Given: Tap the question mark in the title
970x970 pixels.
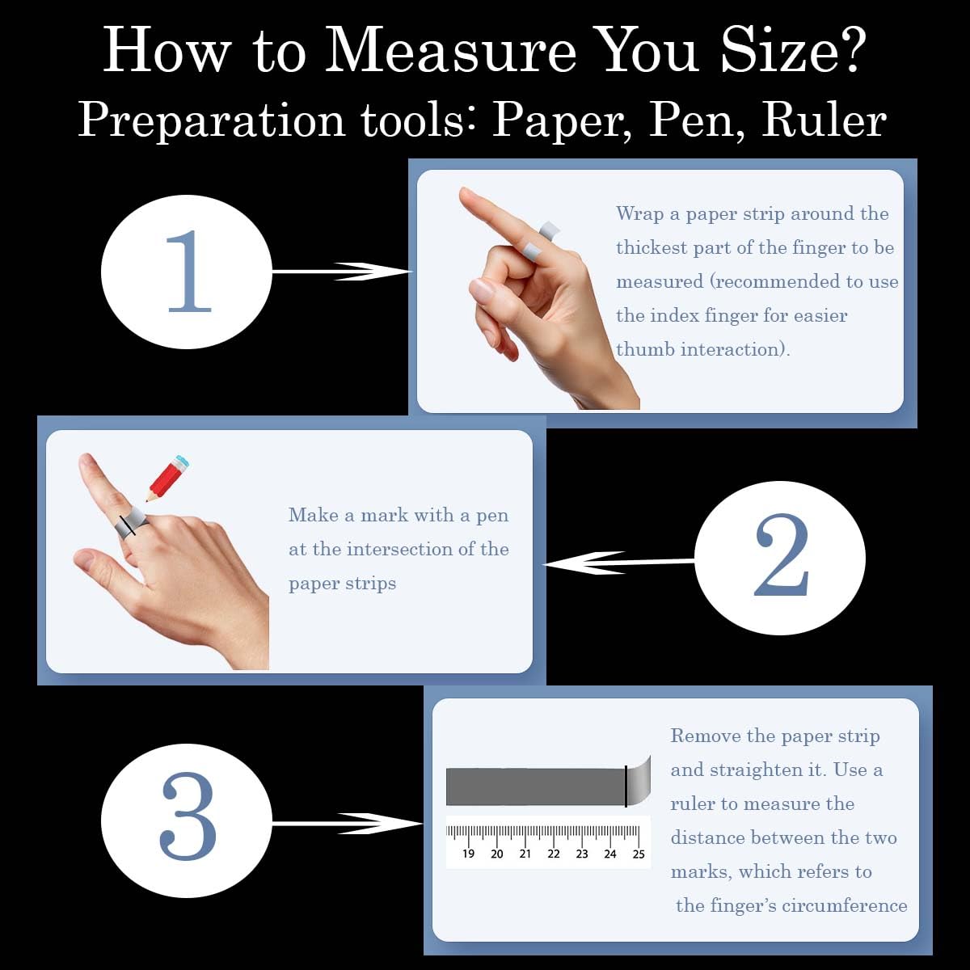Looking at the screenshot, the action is (x=847, y=49).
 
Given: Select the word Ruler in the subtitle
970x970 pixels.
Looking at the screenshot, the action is (x=824, y=120).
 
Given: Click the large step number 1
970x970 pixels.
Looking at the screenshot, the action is (x=189, y=272).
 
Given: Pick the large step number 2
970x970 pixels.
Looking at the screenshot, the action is (x=781, y=556).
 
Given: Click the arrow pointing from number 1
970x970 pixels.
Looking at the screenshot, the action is (x=342, y=272).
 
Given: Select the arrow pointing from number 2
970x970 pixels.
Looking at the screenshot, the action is (x=620, y=563).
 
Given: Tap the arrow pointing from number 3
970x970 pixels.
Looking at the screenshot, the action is (x=348, y=824).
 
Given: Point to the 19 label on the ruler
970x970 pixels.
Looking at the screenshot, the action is (x=468, y=854).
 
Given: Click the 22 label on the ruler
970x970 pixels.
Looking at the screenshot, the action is (x=554, y=854).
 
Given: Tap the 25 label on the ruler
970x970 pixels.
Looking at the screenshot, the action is (x=639, y=854).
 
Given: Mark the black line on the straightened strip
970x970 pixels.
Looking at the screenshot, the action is (x=626, y=786).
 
